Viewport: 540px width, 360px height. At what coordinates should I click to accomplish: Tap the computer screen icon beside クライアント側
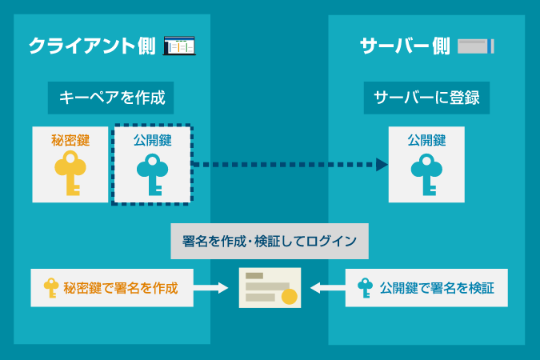179,46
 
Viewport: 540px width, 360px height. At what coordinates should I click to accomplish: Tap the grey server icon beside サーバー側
475,46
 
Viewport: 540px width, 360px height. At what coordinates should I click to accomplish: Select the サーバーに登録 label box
426,98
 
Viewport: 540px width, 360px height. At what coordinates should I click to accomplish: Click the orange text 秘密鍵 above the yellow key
70,140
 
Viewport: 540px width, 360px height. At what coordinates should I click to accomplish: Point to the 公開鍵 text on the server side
426,140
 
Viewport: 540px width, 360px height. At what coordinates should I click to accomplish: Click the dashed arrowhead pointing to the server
381,165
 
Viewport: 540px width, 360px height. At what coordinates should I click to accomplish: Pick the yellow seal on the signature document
289,297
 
